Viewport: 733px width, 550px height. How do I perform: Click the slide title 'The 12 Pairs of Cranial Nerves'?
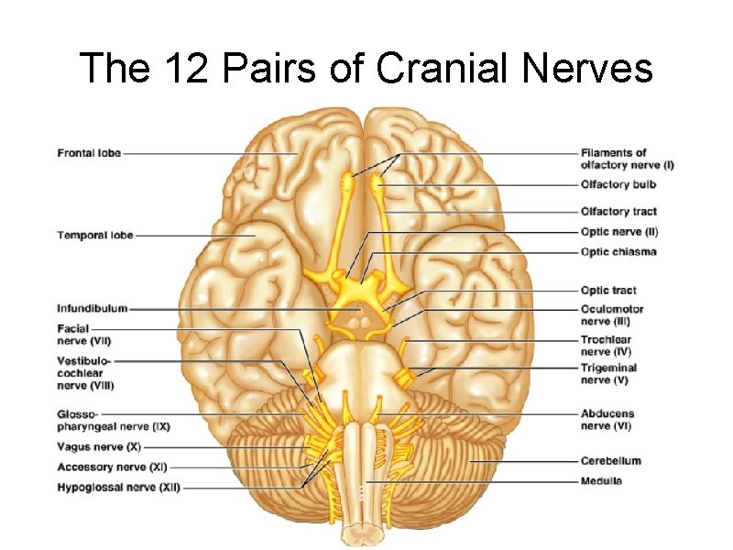[366, 68]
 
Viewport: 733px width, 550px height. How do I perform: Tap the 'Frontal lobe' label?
[89, 153]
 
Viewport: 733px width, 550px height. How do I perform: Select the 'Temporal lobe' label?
[95, 236]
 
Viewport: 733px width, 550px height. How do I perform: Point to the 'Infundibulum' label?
[93, 309]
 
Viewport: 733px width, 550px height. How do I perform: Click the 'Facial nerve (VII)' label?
[82, 334]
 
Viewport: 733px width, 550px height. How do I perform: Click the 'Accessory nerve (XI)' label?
[109, 467]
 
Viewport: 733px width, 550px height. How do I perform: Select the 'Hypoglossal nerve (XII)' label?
[118, 488]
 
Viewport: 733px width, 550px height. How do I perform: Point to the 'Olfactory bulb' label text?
[618, 185]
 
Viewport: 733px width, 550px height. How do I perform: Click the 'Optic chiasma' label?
[618, 252]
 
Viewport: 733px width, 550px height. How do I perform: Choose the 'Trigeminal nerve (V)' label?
[608, 373]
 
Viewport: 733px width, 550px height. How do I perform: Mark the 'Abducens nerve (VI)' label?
[607, 420]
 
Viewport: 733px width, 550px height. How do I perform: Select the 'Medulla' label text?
[601, 481]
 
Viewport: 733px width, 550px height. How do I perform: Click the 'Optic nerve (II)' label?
[619, 232]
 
